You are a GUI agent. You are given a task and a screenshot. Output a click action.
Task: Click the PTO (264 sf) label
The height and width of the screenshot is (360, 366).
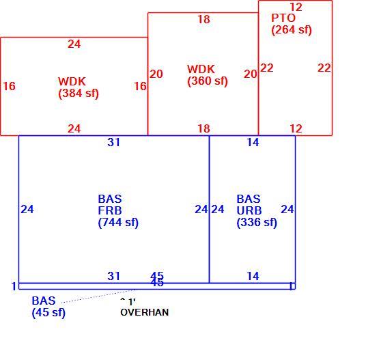pyautogui.click(x=292, y=24)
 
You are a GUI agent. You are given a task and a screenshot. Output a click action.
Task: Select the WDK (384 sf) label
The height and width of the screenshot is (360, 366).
pyautogui.click(x=79, y=87)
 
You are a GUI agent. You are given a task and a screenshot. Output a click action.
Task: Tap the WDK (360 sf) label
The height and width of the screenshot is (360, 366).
pyautogui.click(x=208, y=75)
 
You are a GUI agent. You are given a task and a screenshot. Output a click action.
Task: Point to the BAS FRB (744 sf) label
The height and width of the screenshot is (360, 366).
pyautogui.click(x=118, y=210)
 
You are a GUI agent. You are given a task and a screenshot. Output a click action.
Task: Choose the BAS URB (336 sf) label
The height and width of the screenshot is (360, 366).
pyautogui.click(x=257, y=210)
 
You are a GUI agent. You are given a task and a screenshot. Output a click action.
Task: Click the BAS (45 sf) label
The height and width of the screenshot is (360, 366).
pyautogui.click(x=48, y=307)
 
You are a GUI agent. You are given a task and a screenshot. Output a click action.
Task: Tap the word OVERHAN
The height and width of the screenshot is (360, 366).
pyautogui.click(x=145, y=312)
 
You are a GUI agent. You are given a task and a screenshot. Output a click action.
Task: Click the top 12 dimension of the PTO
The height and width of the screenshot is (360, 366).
pyautogui.click(x=296, y=8)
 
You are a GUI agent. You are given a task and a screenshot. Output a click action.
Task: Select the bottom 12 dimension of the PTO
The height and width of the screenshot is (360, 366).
pyautogui.click(x=296, y=128)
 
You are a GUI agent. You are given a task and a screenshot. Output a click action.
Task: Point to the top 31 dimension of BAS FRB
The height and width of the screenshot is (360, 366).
pyautogui.click(x=113, y=142)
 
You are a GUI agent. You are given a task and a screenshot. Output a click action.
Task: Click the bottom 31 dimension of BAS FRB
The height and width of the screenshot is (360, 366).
pyautogui.click(x=113, y=276)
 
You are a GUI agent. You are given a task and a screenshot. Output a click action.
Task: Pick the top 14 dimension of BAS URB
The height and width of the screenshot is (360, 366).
pyautogui.click(x=253, y=142)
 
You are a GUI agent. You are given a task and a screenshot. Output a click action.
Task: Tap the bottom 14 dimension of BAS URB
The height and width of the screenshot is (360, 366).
pyautogui.click(x=253, y=276)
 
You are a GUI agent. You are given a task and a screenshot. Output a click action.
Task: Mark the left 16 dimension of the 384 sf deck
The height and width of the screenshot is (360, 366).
pyautogui.click(x=9, y=86)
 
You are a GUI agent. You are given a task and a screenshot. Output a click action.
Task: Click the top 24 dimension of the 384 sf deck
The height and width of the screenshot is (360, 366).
pyautogui.click(x=74, y=44)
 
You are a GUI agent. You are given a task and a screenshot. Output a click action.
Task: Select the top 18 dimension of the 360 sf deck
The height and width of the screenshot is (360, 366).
pyautogui.click(x=203, y=19)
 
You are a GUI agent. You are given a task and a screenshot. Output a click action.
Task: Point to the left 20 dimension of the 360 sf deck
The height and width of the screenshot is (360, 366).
pyautogui.click(x=156, y=74)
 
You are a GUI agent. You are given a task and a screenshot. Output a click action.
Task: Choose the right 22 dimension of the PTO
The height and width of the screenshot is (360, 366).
pyautogui.click(x=324, y=68)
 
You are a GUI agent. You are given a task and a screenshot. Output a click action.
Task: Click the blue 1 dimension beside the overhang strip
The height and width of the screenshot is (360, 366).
pyautogui.click(x=14, y=286)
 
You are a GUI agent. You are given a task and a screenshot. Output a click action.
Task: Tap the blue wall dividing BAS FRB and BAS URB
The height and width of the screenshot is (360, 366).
pyautogui.click(x=209, y=209)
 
